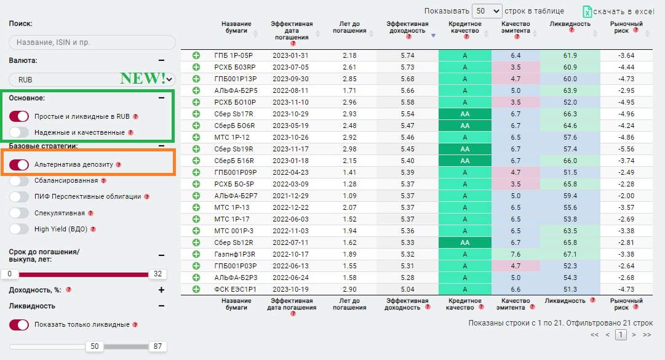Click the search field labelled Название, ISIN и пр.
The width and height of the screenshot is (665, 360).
92,42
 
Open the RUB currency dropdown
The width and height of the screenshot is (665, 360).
92,79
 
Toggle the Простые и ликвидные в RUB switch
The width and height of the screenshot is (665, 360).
19,116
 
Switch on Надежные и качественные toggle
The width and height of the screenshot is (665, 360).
19,132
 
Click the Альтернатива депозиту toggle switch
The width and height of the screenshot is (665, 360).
19,164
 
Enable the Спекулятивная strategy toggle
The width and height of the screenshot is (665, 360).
19,213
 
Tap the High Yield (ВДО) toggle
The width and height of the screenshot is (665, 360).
19,229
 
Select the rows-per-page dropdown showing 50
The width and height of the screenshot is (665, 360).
487,11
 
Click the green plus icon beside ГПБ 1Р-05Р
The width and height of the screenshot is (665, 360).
196,55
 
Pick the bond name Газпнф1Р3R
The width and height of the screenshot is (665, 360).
235,254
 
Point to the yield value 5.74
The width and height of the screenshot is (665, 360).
407,55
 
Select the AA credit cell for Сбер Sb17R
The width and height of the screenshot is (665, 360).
465,114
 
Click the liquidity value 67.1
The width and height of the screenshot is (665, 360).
570,254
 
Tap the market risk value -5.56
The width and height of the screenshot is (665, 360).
625,149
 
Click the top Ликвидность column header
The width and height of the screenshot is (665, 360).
570,24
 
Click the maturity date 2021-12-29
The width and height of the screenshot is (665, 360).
291,196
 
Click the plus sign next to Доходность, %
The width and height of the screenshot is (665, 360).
161,290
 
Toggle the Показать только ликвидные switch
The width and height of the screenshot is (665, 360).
19,324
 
